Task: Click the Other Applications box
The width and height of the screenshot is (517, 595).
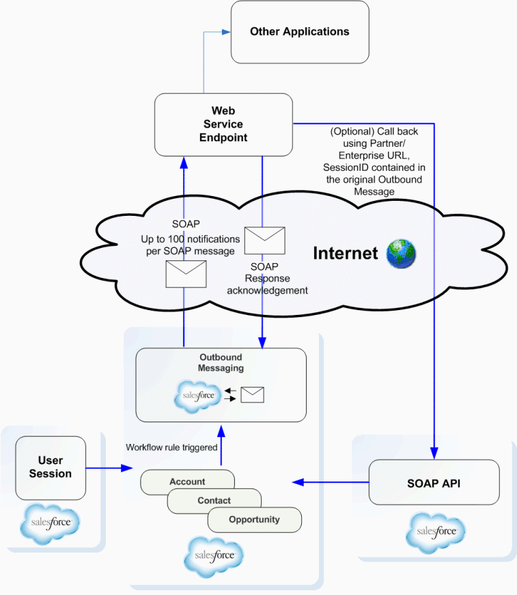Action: [300, 32]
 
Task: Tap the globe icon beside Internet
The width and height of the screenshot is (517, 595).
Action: [401, 253]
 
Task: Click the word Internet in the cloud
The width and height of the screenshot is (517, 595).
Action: [346, 253]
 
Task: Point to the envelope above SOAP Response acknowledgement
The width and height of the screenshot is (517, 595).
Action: [264, 240]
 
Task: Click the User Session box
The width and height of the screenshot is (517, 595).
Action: [51, 468]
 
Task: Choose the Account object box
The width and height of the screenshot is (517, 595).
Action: [187, 482]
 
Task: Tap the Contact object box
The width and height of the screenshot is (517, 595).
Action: [214, 501]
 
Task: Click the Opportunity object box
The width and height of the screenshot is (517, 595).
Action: [254, 520]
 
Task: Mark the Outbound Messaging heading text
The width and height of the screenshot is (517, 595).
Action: [221, 363]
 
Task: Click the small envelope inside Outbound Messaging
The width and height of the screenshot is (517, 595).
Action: [252, 395]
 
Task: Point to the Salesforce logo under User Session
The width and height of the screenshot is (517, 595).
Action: [51, 523]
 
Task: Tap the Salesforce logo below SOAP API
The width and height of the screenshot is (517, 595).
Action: [436, 531]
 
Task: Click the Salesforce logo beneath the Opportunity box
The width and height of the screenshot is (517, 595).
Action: [213, 557]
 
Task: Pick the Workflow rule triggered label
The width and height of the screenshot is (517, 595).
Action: [171, 447]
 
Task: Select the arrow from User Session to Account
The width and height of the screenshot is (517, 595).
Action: [109, 468]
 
